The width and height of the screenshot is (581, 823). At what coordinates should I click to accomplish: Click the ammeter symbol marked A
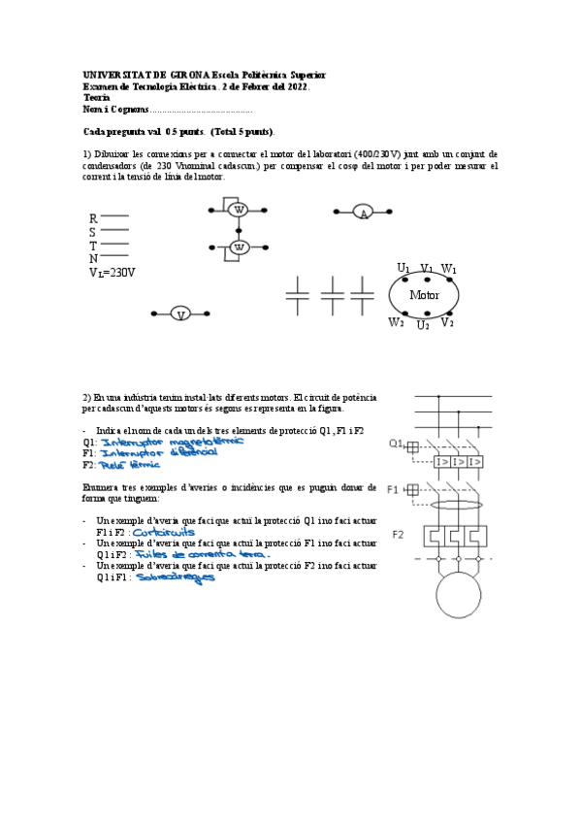point(364,213)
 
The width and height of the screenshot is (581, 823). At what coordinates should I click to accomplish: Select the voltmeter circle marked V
point(179,313)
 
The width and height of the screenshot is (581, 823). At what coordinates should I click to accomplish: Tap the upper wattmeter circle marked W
point(239,209)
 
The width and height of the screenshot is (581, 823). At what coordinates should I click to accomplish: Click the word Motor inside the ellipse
point(424,295)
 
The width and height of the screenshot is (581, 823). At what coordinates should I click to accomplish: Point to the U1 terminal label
point(403,268)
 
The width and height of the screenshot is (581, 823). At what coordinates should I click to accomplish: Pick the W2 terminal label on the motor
point(396,322)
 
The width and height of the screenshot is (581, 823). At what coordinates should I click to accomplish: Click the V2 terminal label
point(447,322)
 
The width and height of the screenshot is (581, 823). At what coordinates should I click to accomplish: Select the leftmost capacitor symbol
point(300,294)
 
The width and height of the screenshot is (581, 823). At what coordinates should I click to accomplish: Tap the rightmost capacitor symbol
point(362,294)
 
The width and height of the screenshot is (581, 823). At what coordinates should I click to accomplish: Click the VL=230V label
point(112,273)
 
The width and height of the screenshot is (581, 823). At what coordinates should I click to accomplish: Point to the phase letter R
point(93,219)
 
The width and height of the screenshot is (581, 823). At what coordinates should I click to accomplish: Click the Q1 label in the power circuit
point(395,444)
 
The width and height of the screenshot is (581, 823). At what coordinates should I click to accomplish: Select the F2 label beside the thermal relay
point(398,535)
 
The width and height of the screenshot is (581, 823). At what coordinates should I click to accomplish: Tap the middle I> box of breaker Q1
point(459,462)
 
